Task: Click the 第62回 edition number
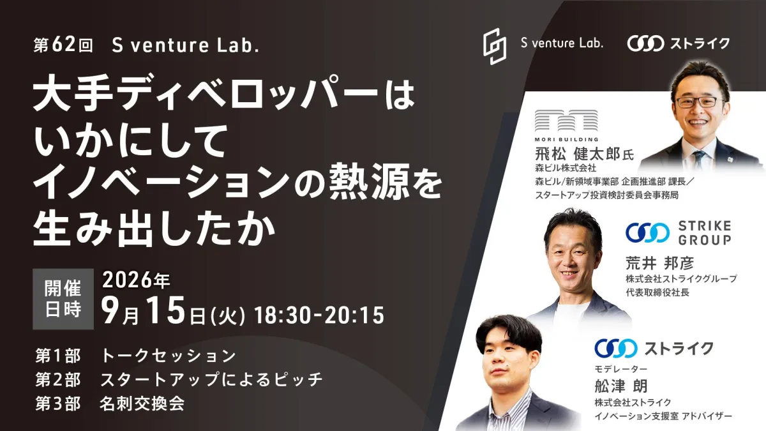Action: (63, 45)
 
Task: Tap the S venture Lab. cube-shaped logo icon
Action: (495, 47)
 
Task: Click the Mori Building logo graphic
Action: (566, 125)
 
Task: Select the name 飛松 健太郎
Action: (577, 154)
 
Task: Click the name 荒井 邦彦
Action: (659, 263)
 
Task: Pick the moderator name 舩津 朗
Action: (621, 386)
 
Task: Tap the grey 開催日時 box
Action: (63, 299)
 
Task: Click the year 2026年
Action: (136, 280)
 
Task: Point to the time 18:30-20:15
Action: (319, 315)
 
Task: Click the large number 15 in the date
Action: (166, 311)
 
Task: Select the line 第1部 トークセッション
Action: (136, 356)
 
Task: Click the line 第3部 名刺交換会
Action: (110, 404)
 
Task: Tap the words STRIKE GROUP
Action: (705, 233)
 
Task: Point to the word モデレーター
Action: (621, 369)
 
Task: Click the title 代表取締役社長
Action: (657, 292)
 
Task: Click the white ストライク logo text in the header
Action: (700, 43)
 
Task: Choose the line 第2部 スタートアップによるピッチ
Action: (179, 380)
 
